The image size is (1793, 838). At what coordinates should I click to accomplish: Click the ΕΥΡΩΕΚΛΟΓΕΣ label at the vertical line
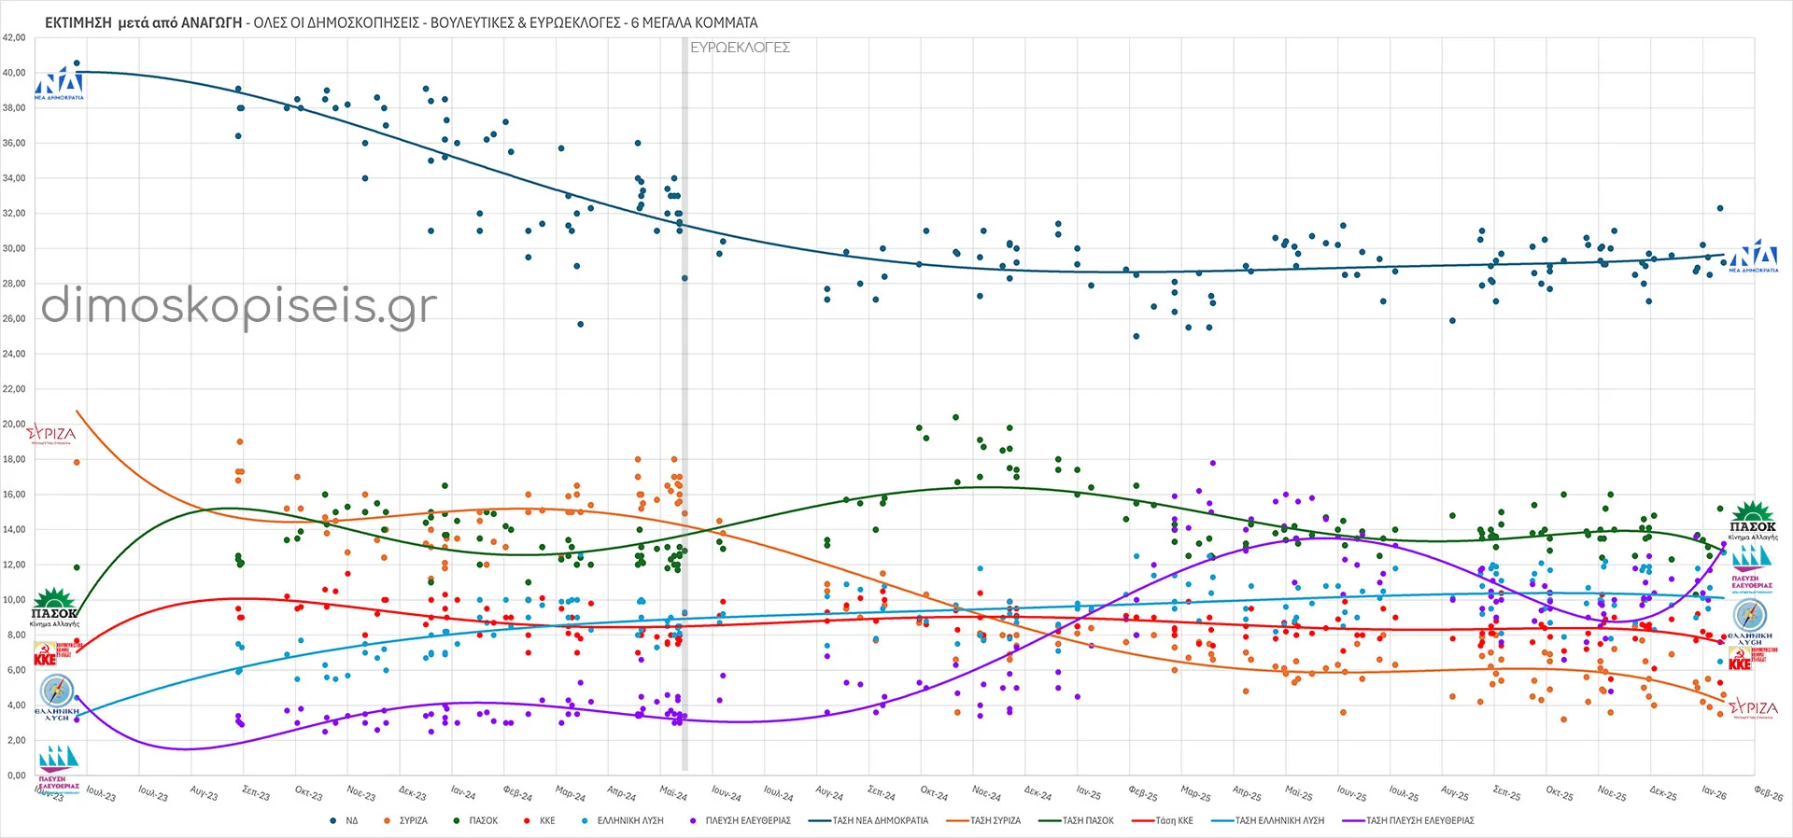740,48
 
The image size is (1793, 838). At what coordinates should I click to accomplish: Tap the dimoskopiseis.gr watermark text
239,306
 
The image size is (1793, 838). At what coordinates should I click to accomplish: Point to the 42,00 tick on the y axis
14,38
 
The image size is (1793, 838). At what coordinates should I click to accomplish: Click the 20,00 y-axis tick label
14,425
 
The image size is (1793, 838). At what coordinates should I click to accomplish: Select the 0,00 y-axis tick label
17,775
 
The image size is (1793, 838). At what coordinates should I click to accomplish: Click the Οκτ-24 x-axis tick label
934,793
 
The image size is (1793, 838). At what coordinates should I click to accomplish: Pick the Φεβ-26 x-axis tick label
1768,793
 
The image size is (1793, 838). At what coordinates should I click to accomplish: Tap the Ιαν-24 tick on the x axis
463,793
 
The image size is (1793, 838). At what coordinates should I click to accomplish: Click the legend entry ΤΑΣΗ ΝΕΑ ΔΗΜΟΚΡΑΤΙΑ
880,821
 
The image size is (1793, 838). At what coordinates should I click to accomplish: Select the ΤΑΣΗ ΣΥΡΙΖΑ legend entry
995,821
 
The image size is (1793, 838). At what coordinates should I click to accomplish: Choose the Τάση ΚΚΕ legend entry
1173,821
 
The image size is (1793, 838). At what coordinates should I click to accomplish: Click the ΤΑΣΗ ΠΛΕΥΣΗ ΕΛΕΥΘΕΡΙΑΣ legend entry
1419,821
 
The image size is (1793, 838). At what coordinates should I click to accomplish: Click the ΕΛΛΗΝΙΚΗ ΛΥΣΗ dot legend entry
629,821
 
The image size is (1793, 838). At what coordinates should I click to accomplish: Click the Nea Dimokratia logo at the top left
60,83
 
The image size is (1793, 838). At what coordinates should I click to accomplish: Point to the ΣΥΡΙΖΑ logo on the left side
51,435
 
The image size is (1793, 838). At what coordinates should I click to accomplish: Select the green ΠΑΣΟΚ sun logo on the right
1753,521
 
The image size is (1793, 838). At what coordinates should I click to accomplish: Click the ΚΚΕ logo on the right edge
1743,659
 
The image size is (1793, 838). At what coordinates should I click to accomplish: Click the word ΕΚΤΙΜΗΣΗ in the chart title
78,22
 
